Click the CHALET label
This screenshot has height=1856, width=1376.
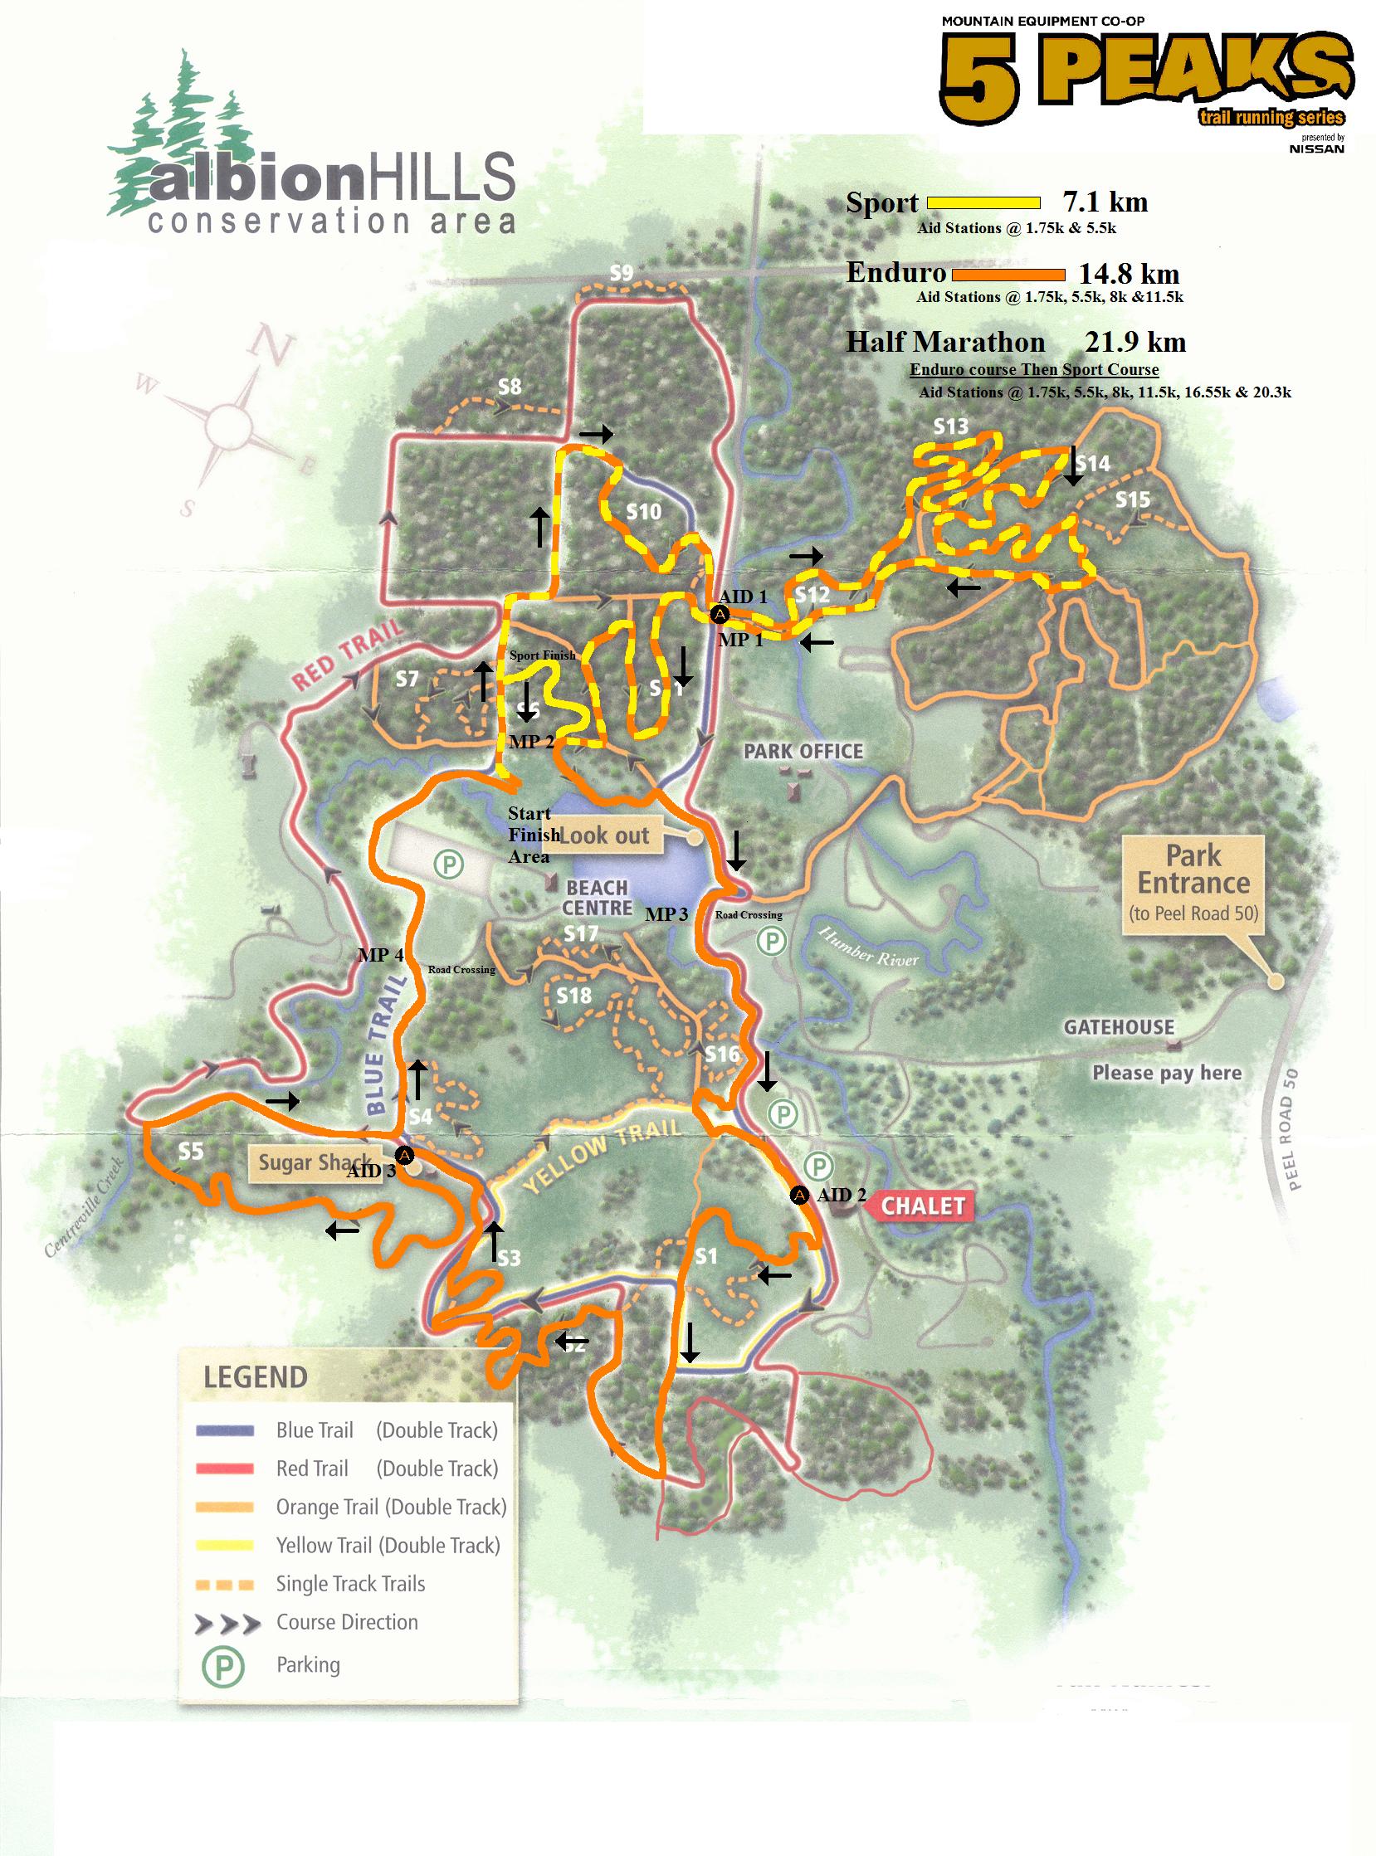[x=923, y=1206]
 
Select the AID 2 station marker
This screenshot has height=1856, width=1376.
[x=798, y=1195]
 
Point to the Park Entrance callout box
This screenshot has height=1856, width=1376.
[x=1193, y=884]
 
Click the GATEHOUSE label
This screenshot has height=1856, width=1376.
[x=1119, y=1027]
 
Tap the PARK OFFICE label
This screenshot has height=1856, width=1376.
[x=803, y=751]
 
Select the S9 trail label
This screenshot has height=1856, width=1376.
[x=622, y=272]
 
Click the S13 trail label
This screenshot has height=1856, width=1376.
[x=950, y=426]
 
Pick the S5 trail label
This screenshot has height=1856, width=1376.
[x=191, y=1151]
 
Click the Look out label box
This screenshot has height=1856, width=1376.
[x=603, y=835]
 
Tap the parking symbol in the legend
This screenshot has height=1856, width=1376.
[x=223, y=1665]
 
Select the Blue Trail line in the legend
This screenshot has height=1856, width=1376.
[x=225, y=1430]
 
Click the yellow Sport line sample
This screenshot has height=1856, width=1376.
[x=983, y=202]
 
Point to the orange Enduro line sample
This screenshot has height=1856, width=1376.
[x=1008, y=274]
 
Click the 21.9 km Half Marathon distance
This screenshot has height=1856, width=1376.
[x=1135, y=342]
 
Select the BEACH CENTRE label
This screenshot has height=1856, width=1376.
[x=598, y=898]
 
